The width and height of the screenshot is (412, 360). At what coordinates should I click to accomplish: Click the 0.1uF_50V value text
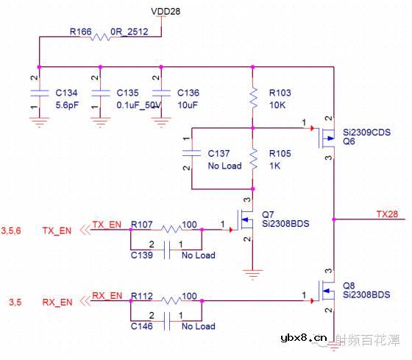point(140,104)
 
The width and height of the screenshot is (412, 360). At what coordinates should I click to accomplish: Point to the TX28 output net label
point(387,213)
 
